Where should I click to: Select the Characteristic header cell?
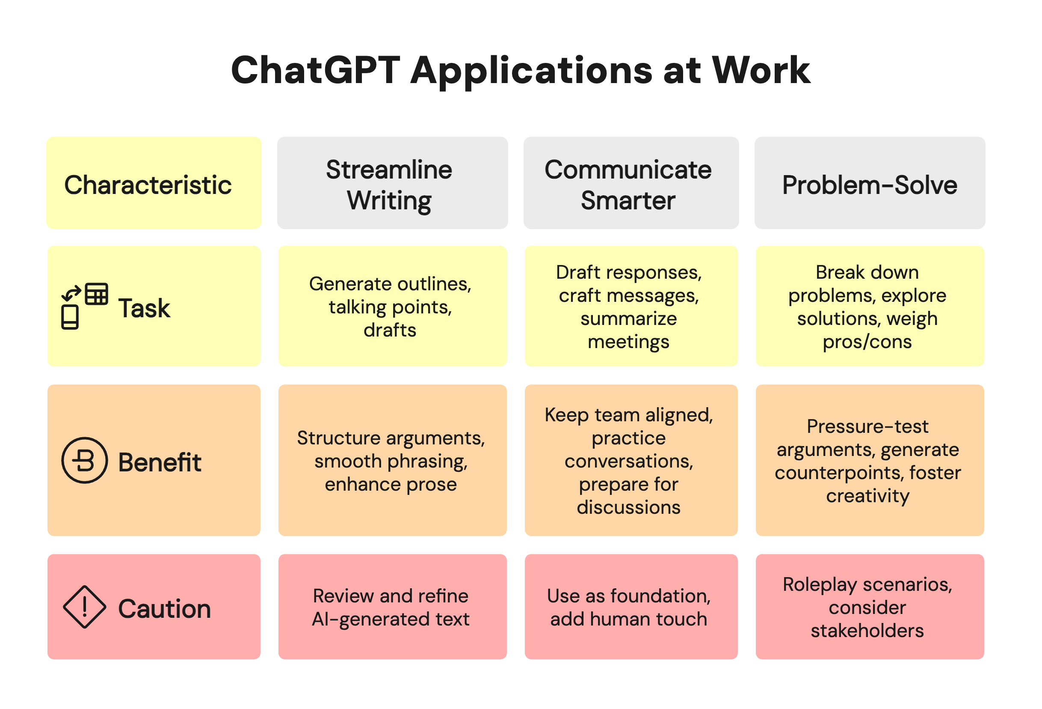coord(154,184)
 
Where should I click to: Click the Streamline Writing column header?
coord(392,184)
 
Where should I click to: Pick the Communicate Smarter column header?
coord(631,184)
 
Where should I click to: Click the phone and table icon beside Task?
coord(84,307)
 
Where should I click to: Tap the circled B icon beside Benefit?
coord(84,460)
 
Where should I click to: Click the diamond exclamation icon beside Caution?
coord(84,607)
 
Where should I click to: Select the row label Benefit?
coord(160,462)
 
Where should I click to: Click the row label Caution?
coord(164,608)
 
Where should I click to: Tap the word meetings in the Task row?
coord(629,342)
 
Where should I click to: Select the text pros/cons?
coord(867,342)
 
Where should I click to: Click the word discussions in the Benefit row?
coord(629,507)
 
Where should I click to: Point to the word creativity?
coord(867,496)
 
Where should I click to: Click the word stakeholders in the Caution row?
coord(867,631)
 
